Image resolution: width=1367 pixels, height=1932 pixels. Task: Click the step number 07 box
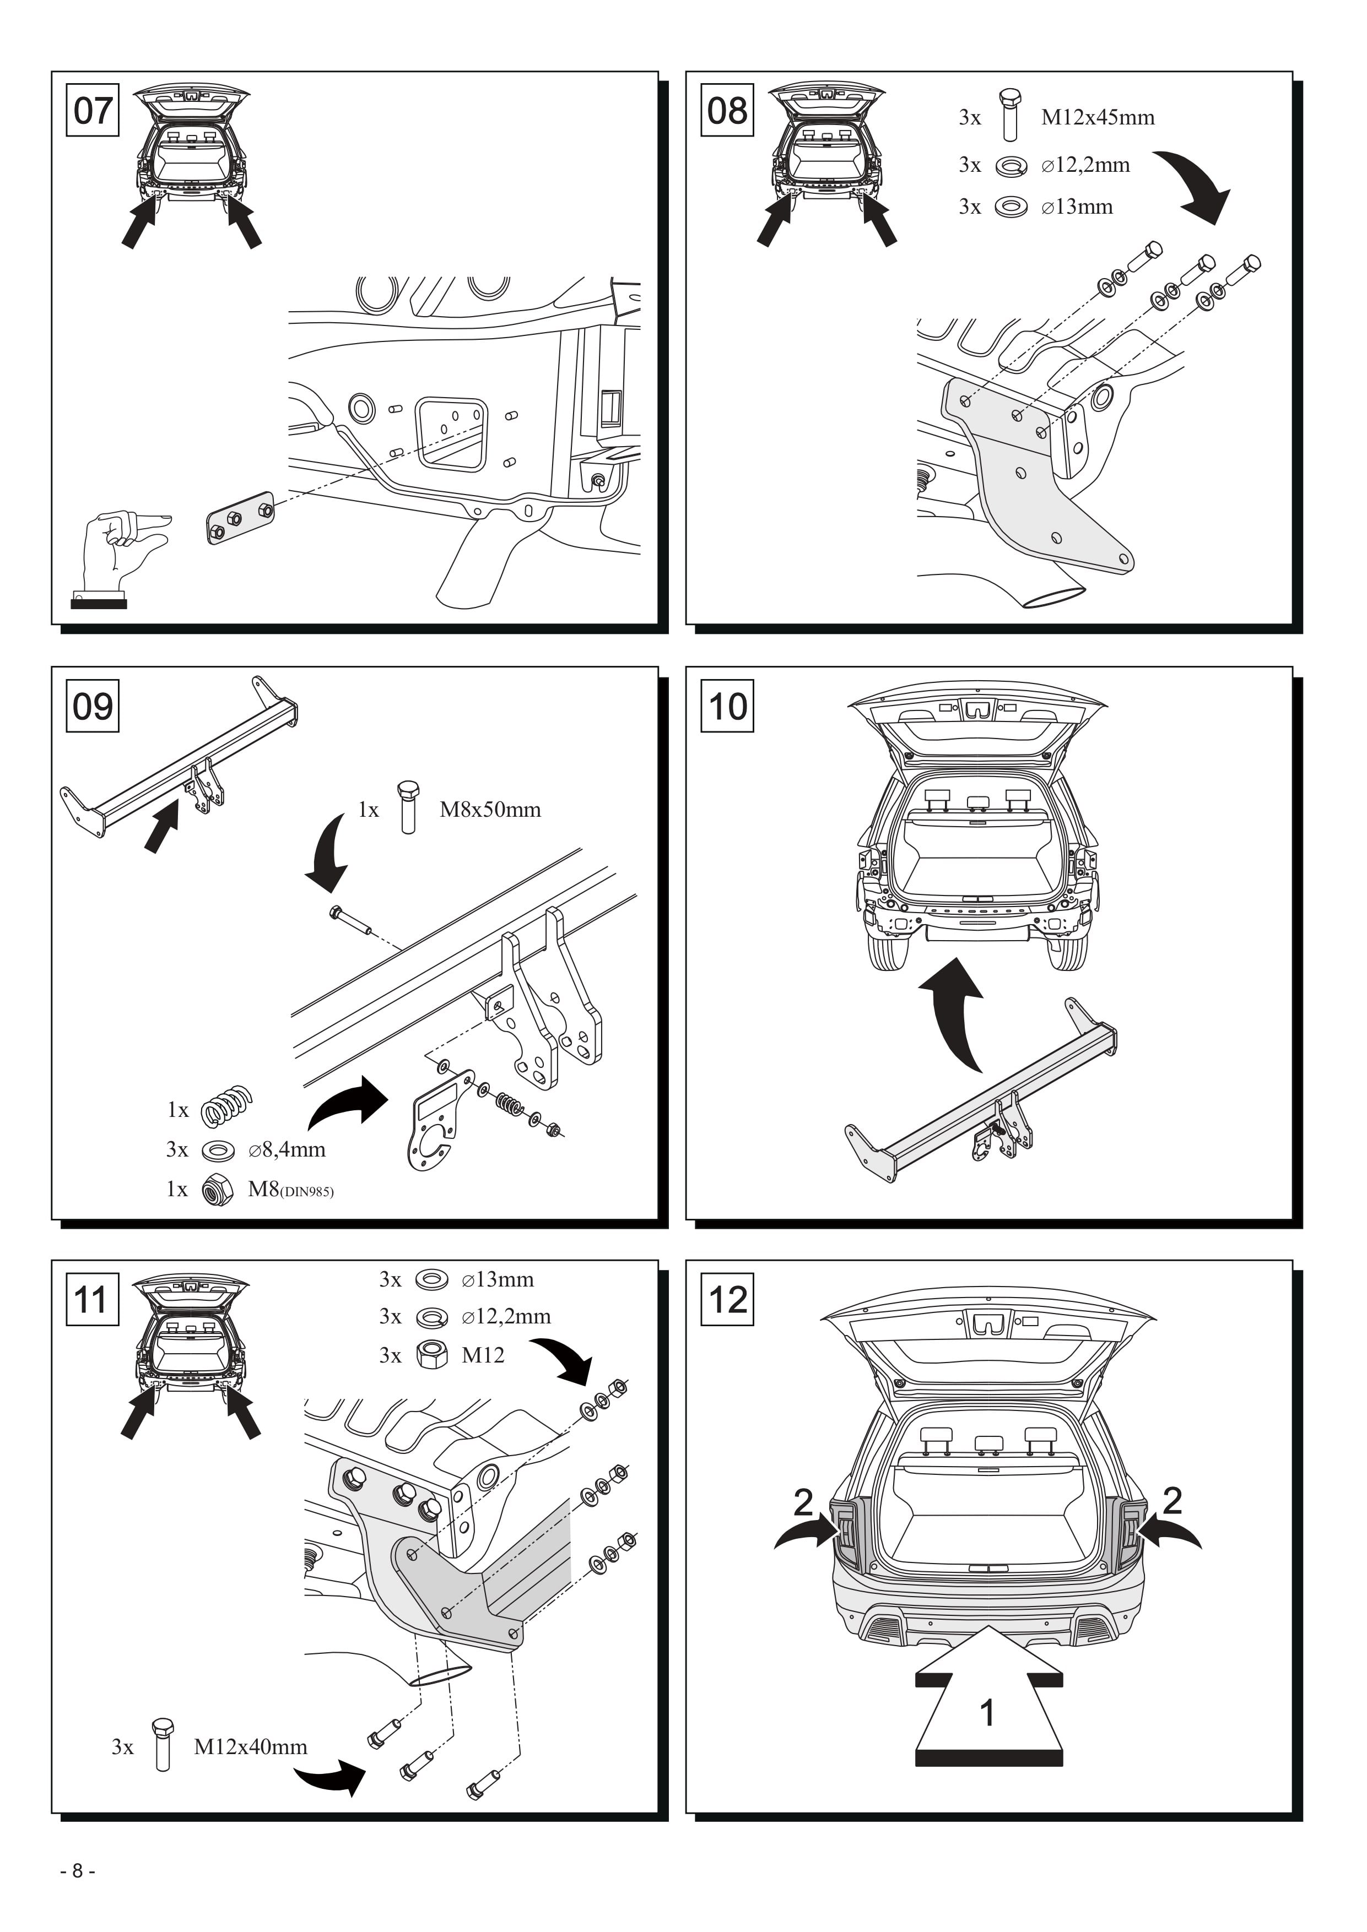tap(93, 110)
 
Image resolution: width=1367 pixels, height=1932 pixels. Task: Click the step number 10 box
tap(727, 705)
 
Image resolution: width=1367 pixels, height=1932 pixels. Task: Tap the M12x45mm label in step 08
tap(1098, 117)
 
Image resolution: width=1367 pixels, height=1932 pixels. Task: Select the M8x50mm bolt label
tap(490, 810)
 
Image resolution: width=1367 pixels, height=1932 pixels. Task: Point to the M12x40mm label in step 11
tap(251, 1747)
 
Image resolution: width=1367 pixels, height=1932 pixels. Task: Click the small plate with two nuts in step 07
tap(241, 518)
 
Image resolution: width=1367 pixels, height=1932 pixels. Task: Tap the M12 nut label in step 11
tap(483, 1355)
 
